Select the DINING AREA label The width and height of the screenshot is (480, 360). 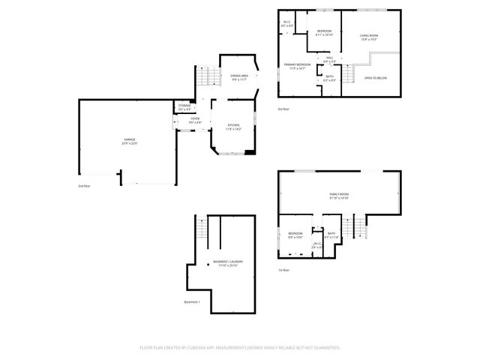point(239,76)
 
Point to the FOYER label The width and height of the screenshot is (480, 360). point(194,119)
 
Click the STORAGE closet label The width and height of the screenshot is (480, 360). point(184,107)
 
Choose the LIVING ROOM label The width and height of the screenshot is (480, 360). point(368,36)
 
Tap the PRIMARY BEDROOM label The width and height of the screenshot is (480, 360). point(297,66)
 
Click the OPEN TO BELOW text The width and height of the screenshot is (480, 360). point(375,77)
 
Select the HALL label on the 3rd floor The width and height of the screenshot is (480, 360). point(328,58)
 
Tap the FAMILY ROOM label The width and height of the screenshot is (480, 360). point(339,196)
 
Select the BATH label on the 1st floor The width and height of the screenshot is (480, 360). point(332,235)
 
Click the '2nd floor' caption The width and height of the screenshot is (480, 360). point(84,185)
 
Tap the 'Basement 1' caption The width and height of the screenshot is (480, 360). point(192,301)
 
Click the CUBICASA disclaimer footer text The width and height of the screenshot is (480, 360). point(240,347)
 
